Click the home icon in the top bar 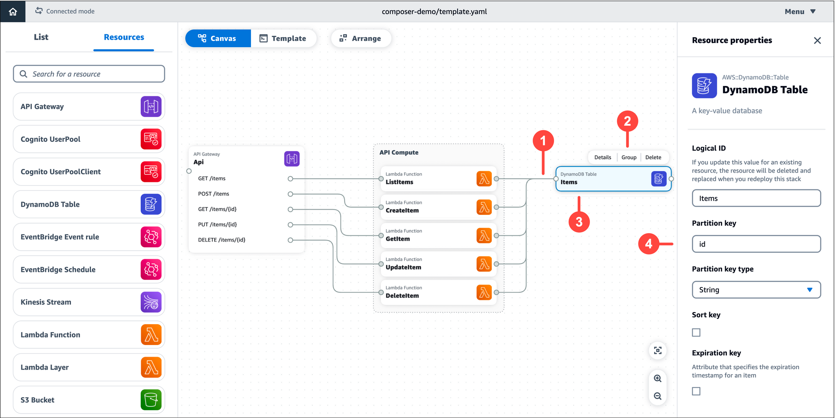13,11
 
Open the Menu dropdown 800,12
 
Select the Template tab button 283,38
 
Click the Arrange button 361,38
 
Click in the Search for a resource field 89,74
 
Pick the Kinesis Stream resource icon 151,302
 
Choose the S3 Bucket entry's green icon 151,400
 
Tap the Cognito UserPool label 51,139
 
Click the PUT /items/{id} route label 217,224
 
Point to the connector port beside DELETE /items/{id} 290,240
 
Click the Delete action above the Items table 653,157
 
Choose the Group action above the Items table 629,157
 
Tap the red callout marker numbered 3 579,222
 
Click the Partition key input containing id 756,244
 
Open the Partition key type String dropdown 756,290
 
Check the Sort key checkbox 696,332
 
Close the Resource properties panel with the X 817,40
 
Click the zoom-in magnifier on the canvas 658,378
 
